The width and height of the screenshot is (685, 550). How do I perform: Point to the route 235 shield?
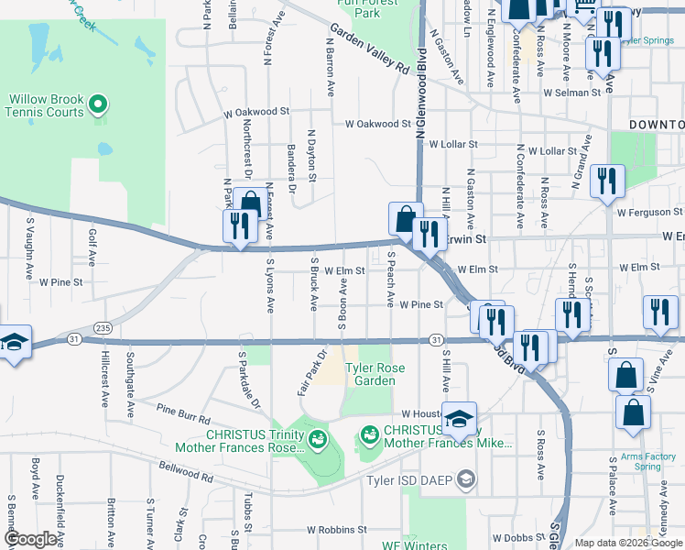coord(103,328)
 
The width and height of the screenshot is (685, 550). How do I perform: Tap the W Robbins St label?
coord(337,530)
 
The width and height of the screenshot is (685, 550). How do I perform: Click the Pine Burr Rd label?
coord(183,412)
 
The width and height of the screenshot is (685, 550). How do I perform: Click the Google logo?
coord(29,539)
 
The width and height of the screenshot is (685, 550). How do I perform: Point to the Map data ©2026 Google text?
coord(628,543)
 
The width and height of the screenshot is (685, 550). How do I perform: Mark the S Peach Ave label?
coord(391,279)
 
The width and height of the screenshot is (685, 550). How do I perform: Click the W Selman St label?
coord(570,93)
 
